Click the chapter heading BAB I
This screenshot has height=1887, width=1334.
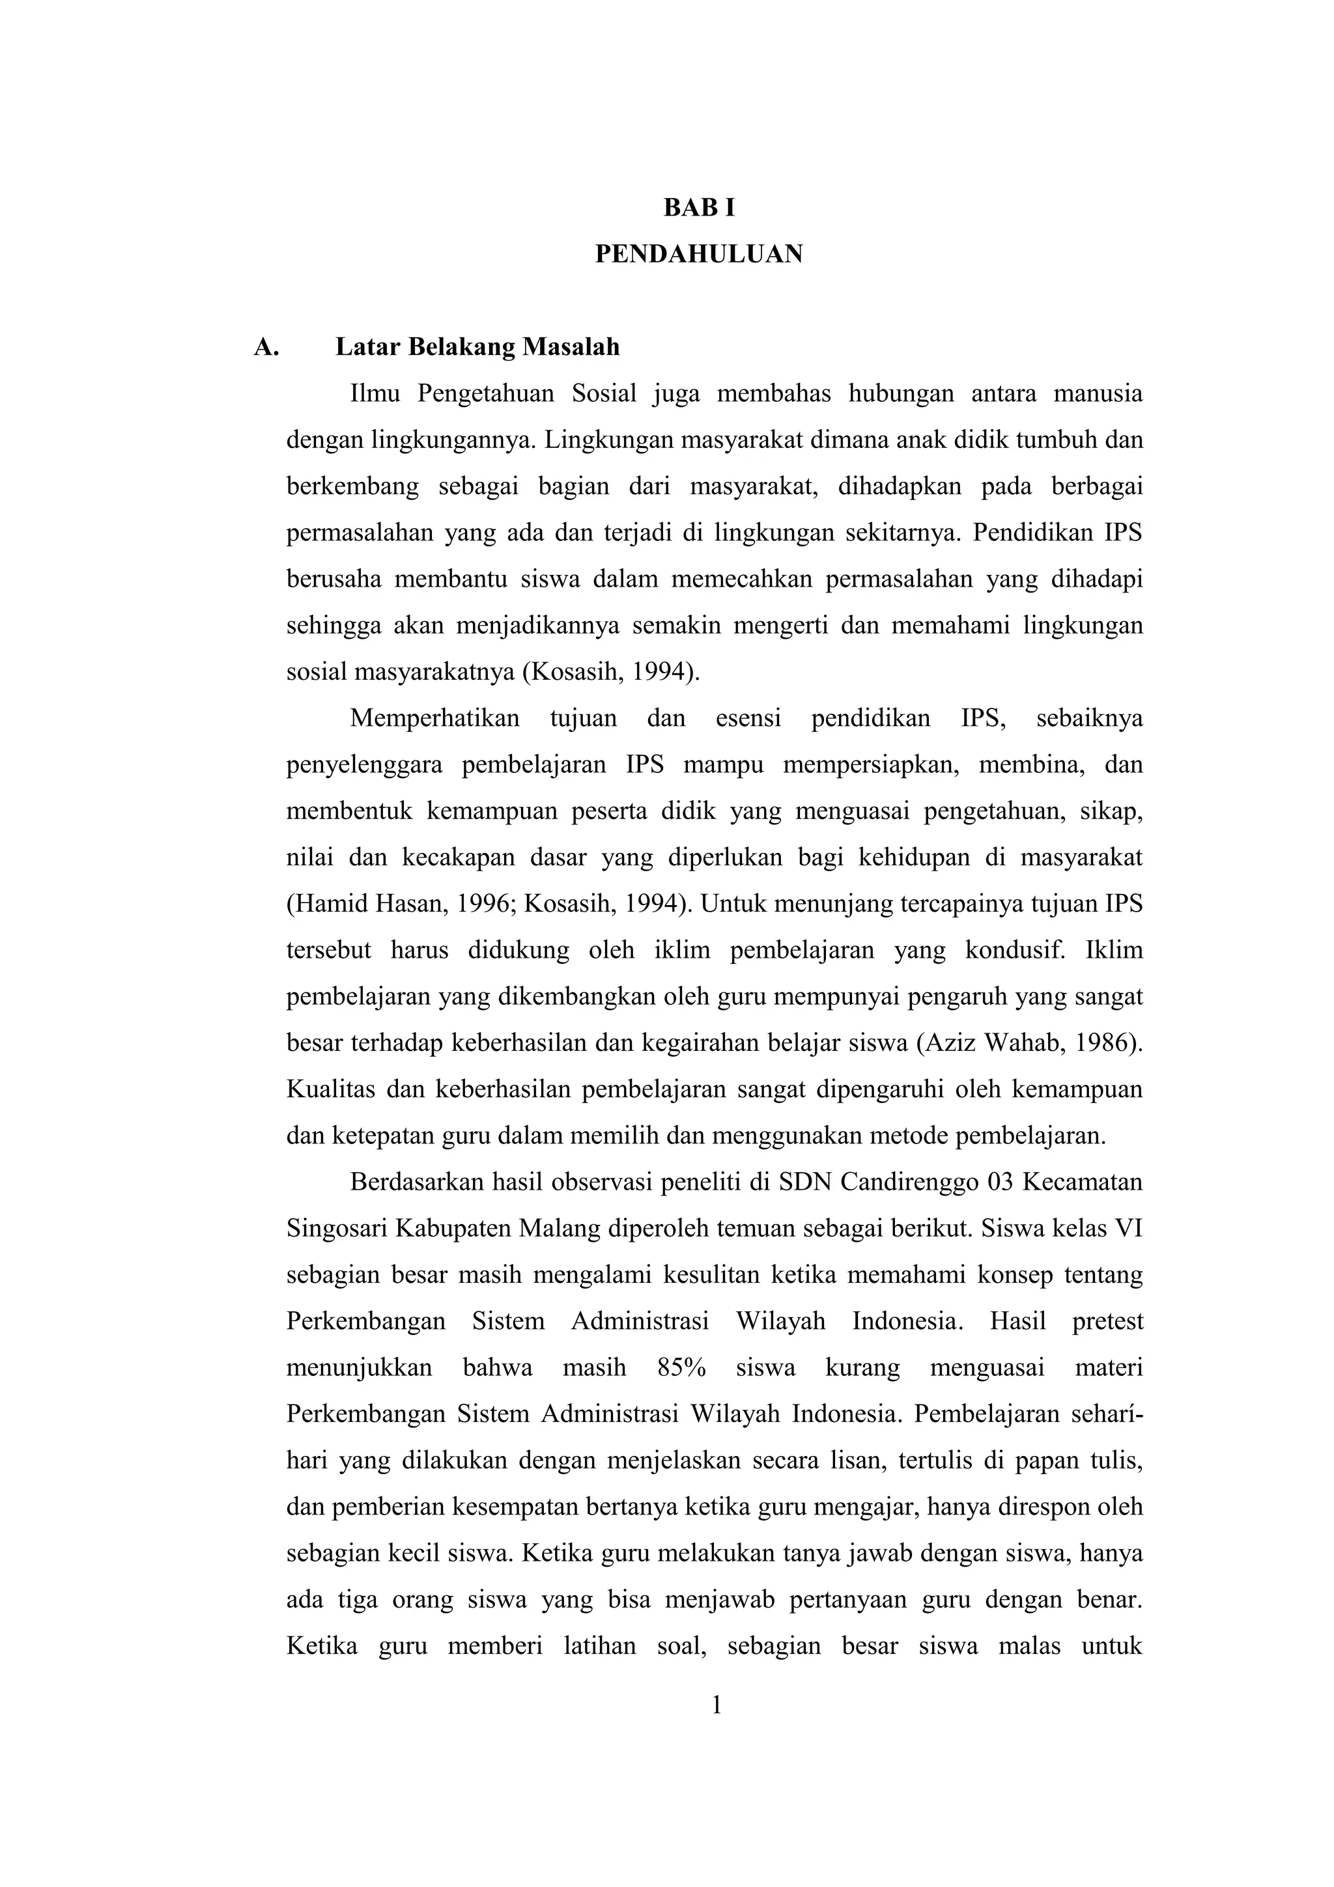[x=699, y=209]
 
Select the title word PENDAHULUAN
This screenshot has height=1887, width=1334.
[x=699, y=255]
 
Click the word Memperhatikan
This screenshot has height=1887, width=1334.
[x=435, y=718]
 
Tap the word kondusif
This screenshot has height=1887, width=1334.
[x=1014, y=951]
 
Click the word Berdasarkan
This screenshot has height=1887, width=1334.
[x=416, y=1182]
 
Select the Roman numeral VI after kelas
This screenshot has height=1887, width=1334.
[x=1127, y=1229]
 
